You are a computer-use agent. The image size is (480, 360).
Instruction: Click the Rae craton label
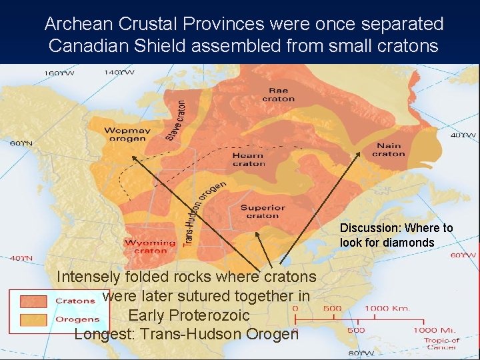pyautogui.click(x=278, y=95)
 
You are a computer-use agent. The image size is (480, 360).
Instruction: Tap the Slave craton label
pyautogui.click(x=177, y=120)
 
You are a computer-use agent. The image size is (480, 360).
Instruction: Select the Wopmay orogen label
pyautogui.click(x=127, y=135)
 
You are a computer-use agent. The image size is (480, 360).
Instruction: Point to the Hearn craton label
pyautogui.click(x=249, y=159)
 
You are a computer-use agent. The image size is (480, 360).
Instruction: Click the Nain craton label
pyautogui.click(x=388, y=150)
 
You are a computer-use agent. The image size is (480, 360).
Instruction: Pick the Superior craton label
pyautogui.click(x=263, y=211)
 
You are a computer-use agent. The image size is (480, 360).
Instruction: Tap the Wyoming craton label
pyautogui.click(x=150, y=247)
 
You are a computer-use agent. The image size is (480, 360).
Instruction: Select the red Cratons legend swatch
pyautogui.click(x=33, y=301)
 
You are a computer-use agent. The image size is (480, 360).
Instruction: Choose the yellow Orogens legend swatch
pyautogui.click(x=33, y=319)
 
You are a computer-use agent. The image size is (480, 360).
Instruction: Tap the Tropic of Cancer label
pyautogui.click(x=442, y=343)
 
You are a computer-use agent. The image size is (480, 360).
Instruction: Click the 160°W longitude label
pyautogui.click(x=59, y=72)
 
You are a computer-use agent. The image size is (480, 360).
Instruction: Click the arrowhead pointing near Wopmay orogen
pyautogui.click(x=132, y=157)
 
